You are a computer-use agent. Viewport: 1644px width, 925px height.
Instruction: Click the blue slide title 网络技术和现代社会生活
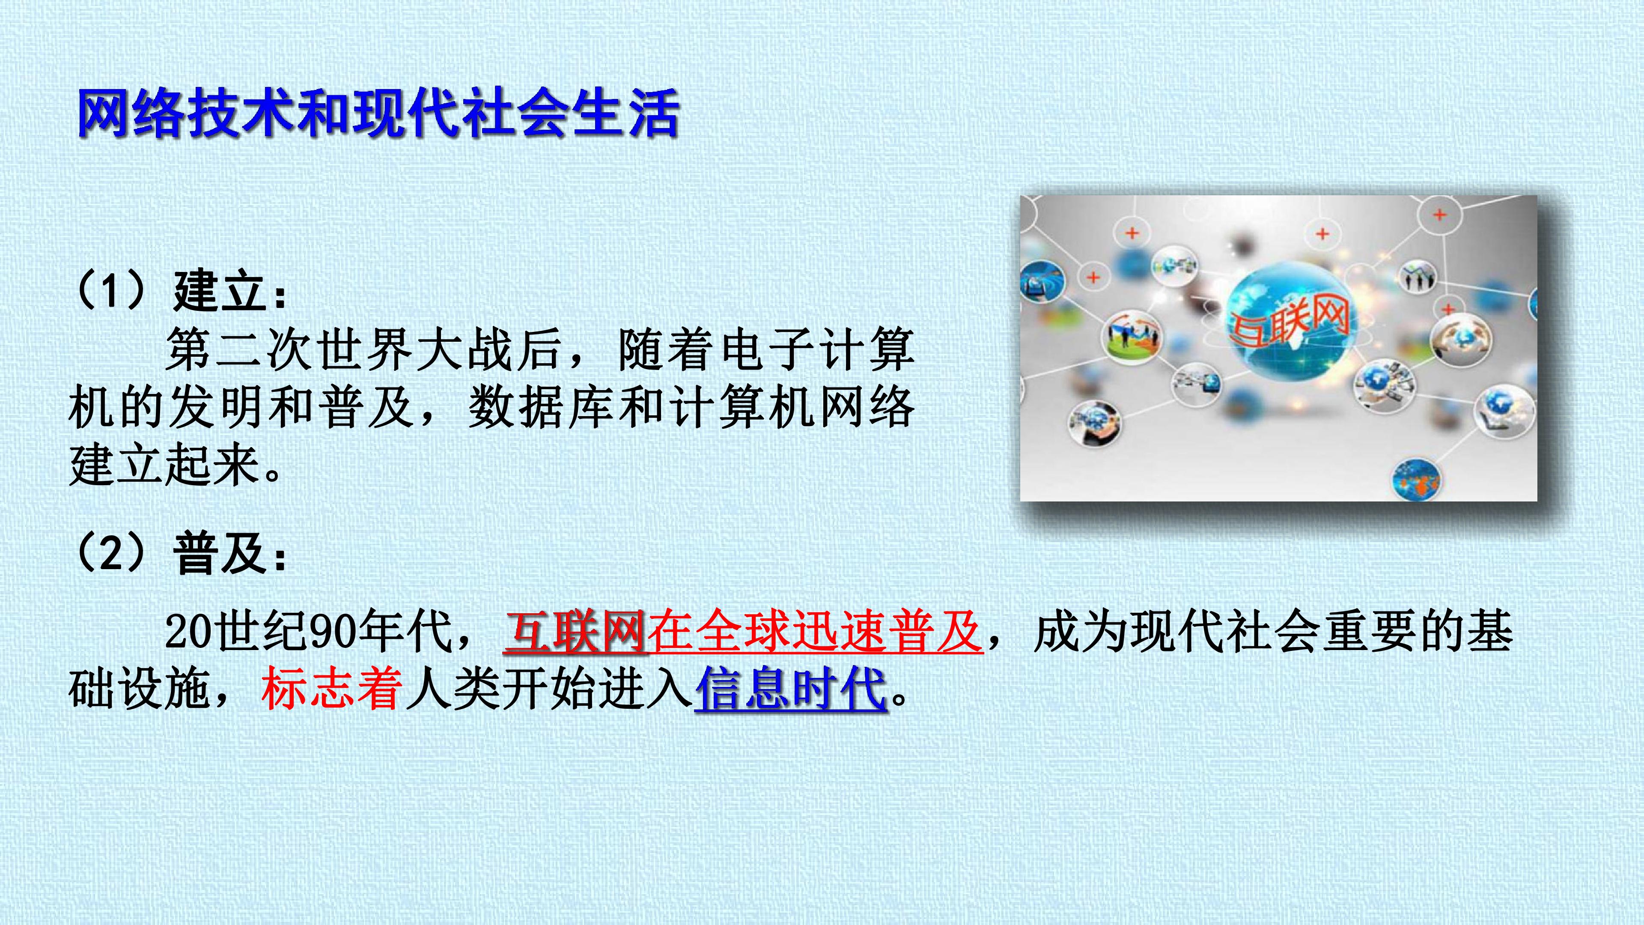(x=377, y=113)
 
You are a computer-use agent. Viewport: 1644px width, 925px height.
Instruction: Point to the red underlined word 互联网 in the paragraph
(x=575, y=632)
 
